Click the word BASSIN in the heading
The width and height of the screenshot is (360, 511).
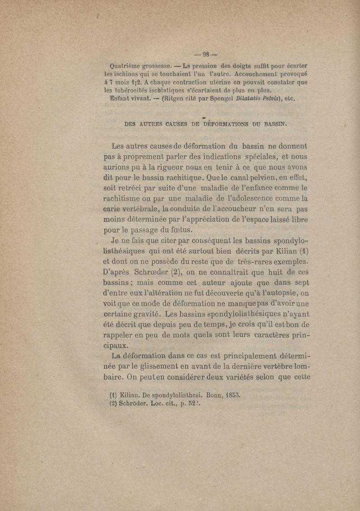point(272,124)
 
